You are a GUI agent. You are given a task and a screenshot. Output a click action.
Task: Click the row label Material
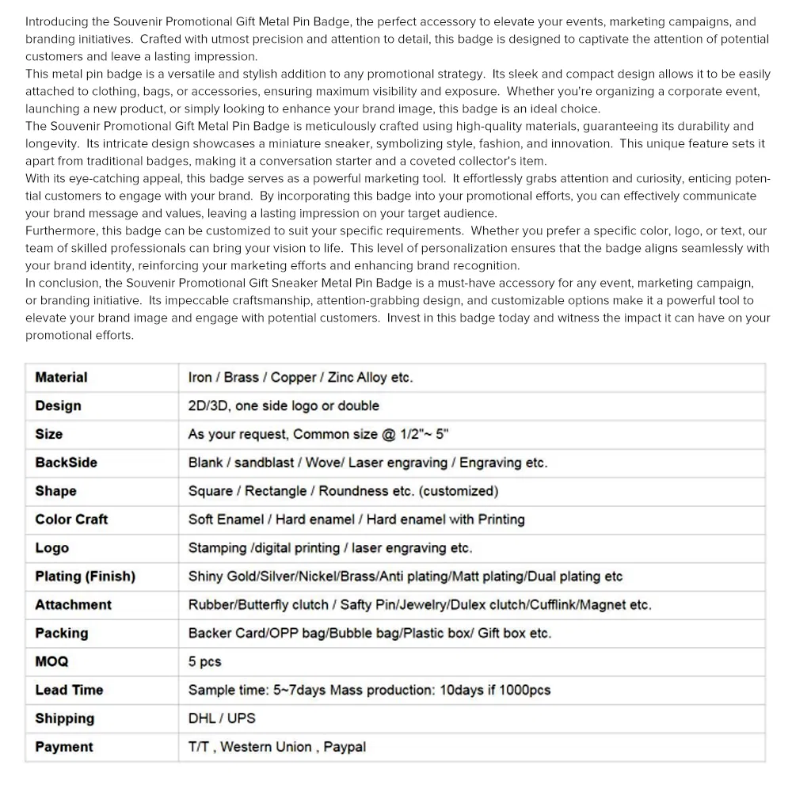pos(61,378)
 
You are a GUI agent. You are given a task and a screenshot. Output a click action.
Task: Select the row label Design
pos(58,406)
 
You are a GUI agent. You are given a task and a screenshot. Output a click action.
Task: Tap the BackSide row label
pos(66,463)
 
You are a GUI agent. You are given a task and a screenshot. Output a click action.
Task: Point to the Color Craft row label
pos(71,520)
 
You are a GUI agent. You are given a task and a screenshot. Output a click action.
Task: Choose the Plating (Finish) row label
pos(85,577)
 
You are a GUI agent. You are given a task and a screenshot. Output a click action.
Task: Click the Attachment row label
pos(73,605)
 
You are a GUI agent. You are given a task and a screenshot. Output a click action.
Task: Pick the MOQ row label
pos(51,661)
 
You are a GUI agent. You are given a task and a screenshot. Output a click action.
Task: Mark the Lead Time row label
pos(69,690)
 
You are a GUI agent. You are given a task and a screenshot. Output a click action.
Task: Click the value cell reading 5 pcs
pos(204,661)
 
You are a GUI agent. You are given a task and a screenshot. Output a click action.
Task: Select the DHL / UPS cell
pos(222,718)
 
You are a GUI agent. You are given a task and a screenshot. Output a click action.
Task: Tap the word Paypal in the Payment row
pos(344,747)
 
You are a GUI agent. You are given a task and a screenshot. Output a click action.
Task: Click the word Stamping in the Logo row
pos(217,548)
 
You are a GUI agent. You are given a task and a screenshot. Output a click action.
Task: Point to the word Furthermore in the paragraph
pos(62,230)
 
